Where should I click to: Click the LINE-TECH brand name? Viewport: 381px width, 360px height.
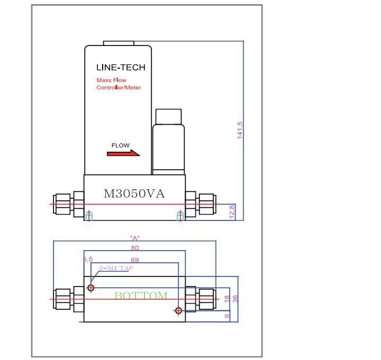pos(120,68)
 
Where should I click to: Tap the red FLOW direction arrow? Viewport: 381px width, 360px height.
pos(123,154)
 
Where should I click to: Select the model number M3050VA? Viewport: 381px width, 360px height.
pos(134,194)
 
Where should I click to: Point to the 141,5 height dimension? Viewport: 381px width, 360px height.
pos(240,130)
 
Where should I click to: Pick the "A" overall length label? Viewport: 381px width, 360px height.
pos(134,238)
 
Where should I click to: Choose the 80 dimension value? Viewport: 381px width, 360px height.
pos(135,248)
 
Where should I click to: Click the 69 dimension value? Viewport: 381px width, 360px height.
pos(135,260)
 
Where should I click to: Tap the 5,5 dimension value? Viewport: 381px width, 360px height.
pos(88,260)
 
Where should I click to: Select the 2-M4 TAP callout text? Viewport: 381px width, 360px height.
pos(116,268)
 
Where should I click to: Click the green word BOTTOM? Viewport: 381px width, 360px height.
pos(141,296)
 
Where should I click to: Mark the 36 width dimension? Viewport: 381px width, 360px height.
pos(235,298)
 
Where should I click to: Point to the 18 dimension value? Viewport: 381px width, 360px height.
pos(227,299)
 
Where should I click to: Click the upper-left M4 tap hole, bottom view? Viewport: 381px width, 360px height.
pos(91,288)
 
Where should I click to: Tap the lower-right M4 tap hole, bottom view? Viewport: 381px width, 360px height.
pos(178,311)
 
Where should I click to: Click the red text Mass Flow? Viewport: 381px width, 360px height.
pos(111,80)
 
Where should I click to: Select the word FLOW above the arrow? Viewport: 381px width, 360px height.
pos(120,145)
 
